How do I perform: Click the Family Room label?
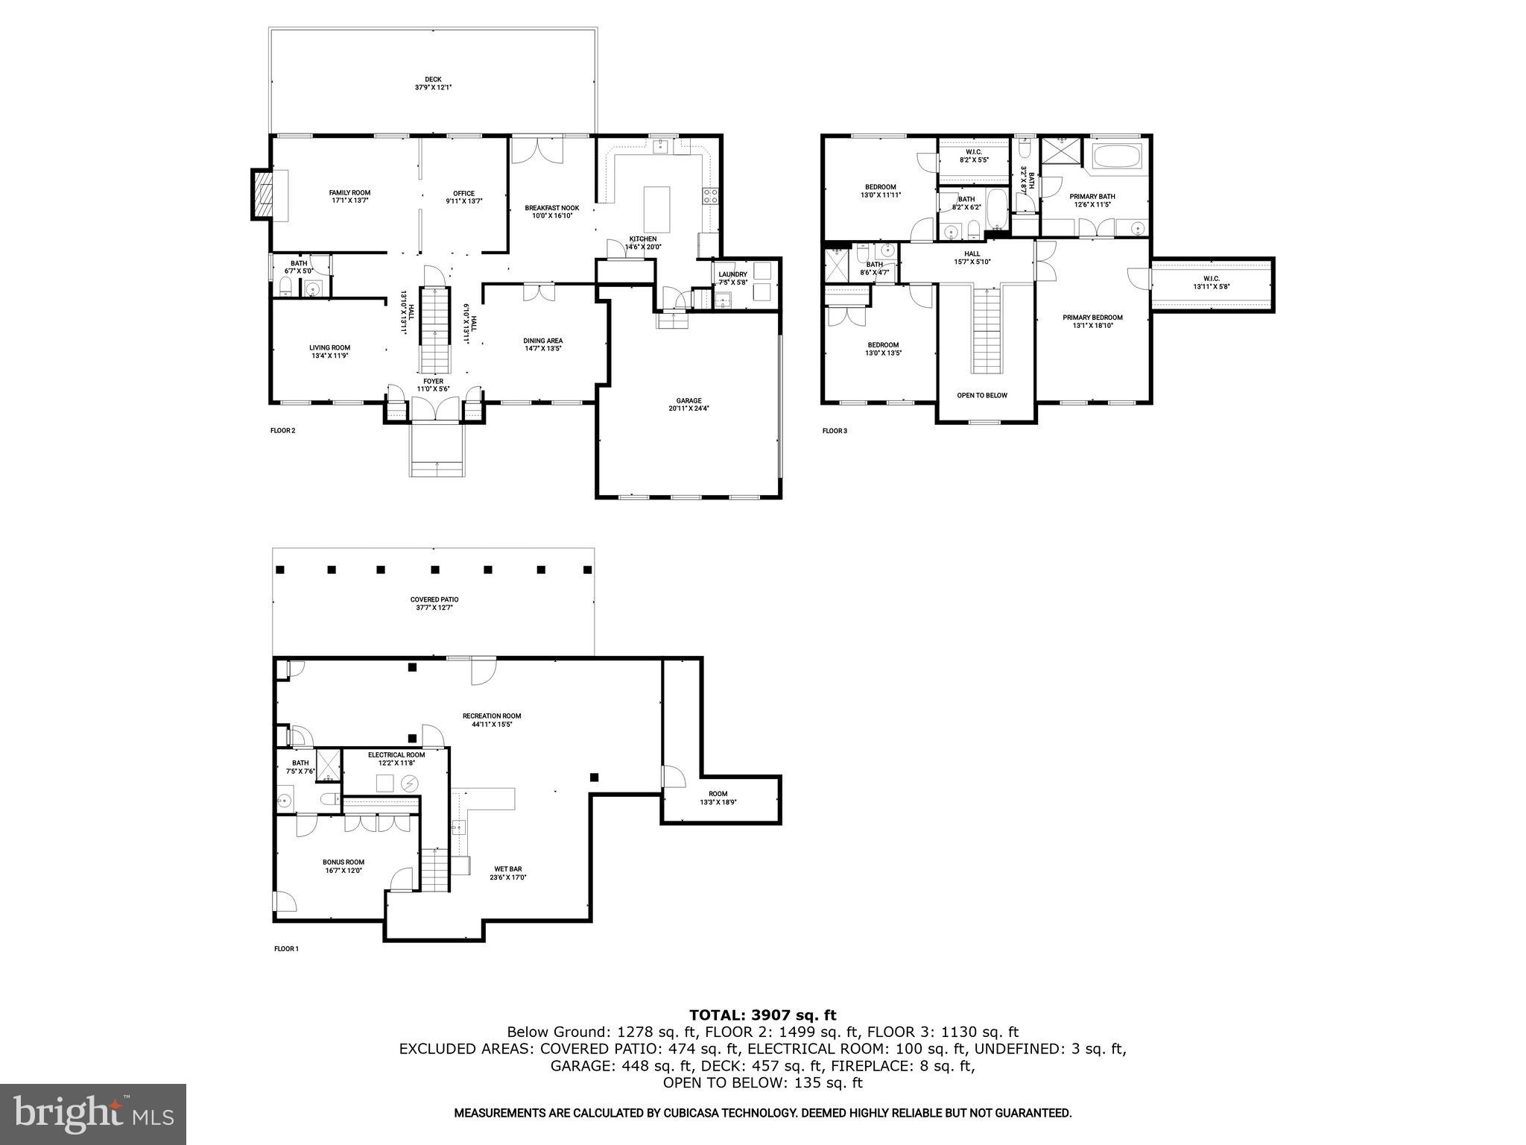click(x=349, y=196)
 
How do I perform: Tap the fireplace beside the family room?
click(x=261, y=195)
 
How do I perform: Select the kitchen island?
click(x=656, y=209)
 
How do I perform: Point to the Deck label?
click(x=433, y=83)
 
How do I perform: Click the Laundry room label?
click(x=732, y=278)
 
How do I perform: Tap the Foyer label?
click(x=433, y=385)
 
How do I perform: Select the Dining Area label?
click(x=542, y=344)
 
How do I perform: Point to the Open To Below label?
click(x=982, y=395)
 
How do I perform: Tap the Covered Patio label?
click(x=434, y=603)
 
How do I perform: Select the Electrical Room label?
click(x=396, y=758)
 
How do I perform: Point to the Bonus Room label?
click(x=343, y=865)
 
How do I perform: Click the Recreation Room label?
click(x=492, y=719)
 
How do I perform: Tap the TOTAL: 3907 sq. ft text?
click(x=762, y=1015)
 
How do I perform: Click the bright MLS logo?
click(x=93, y=1114)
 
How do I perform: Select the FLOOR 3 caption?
click(x=835, y=431)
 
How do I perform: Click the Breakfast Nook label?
click(x=551, y=212)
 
